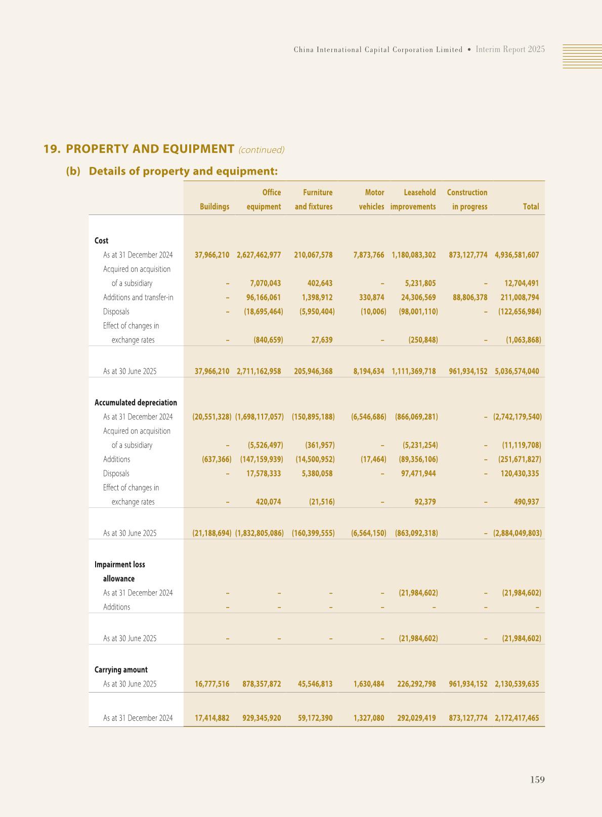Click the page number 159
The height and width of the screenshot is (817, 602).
(x=537, y=780)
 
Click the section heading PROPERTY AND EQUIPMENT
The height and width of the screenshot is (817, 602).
(x=150, y=149)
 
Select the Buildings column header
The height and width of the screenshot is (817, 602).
(x=214, y=206)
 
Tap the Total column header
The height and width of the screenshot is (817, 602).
(x=531, y=206)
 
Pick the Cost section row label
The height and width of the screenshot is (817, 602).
(x=101, y=241)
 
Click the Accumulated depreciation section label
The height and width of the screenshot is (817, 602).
(x=136, y=403)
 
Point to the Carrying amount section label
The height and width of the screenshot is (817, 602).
(x=121, y=670)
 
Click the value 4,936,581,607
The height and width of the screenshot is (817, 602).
(x=517, y=255)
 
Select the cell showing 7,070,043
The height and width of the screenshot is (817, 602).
(x=265, y=283)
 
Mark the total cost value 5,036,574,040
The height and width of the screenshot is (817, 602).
(x=517, y=371)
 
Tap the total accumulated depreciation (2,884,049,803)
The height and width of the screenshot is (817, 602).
(x=517, y=533)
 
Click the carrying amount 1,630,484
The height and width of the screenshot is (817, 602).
(x=369, y=684)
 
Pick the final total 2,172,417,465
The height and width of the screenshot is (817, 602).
(x=517, y=718)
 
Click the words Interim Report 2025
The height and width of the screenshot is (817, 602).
(x=510, y=49)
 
